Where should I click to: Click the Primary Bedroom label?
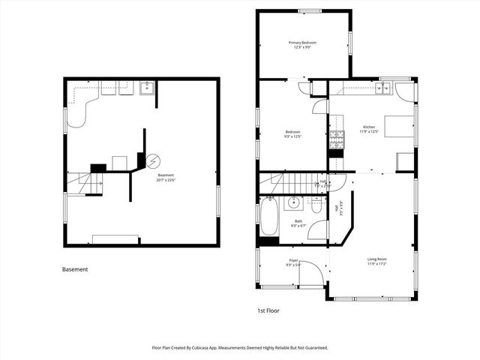tap(304, 43)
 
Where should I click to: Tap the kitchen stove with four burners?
tap(337, 138)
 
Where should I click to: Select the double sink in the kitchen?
tap(385, 88)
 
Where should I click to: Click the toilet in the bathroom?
tap(316, 204)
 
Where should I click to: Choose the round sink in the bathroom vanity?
tap(293, 202)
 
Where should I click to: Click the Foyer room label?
tap(293, 260)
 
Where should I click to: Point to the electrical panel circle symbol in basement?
tap(153, 160)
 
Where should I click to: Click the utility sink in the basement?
tap(146, 87)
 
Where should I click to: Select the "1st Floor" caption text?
tap(268, 310)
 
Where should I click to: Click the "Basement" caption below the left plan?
tap(75, 269)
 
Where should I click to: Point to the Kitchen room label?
tap(368, 127)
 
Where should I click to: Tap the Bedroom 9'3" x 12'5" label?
tap(292, 133)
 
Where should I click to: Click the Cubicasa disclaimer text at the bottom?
tap(240, 348)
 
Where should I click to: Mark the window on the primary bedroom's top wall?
tap(310, 10)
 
